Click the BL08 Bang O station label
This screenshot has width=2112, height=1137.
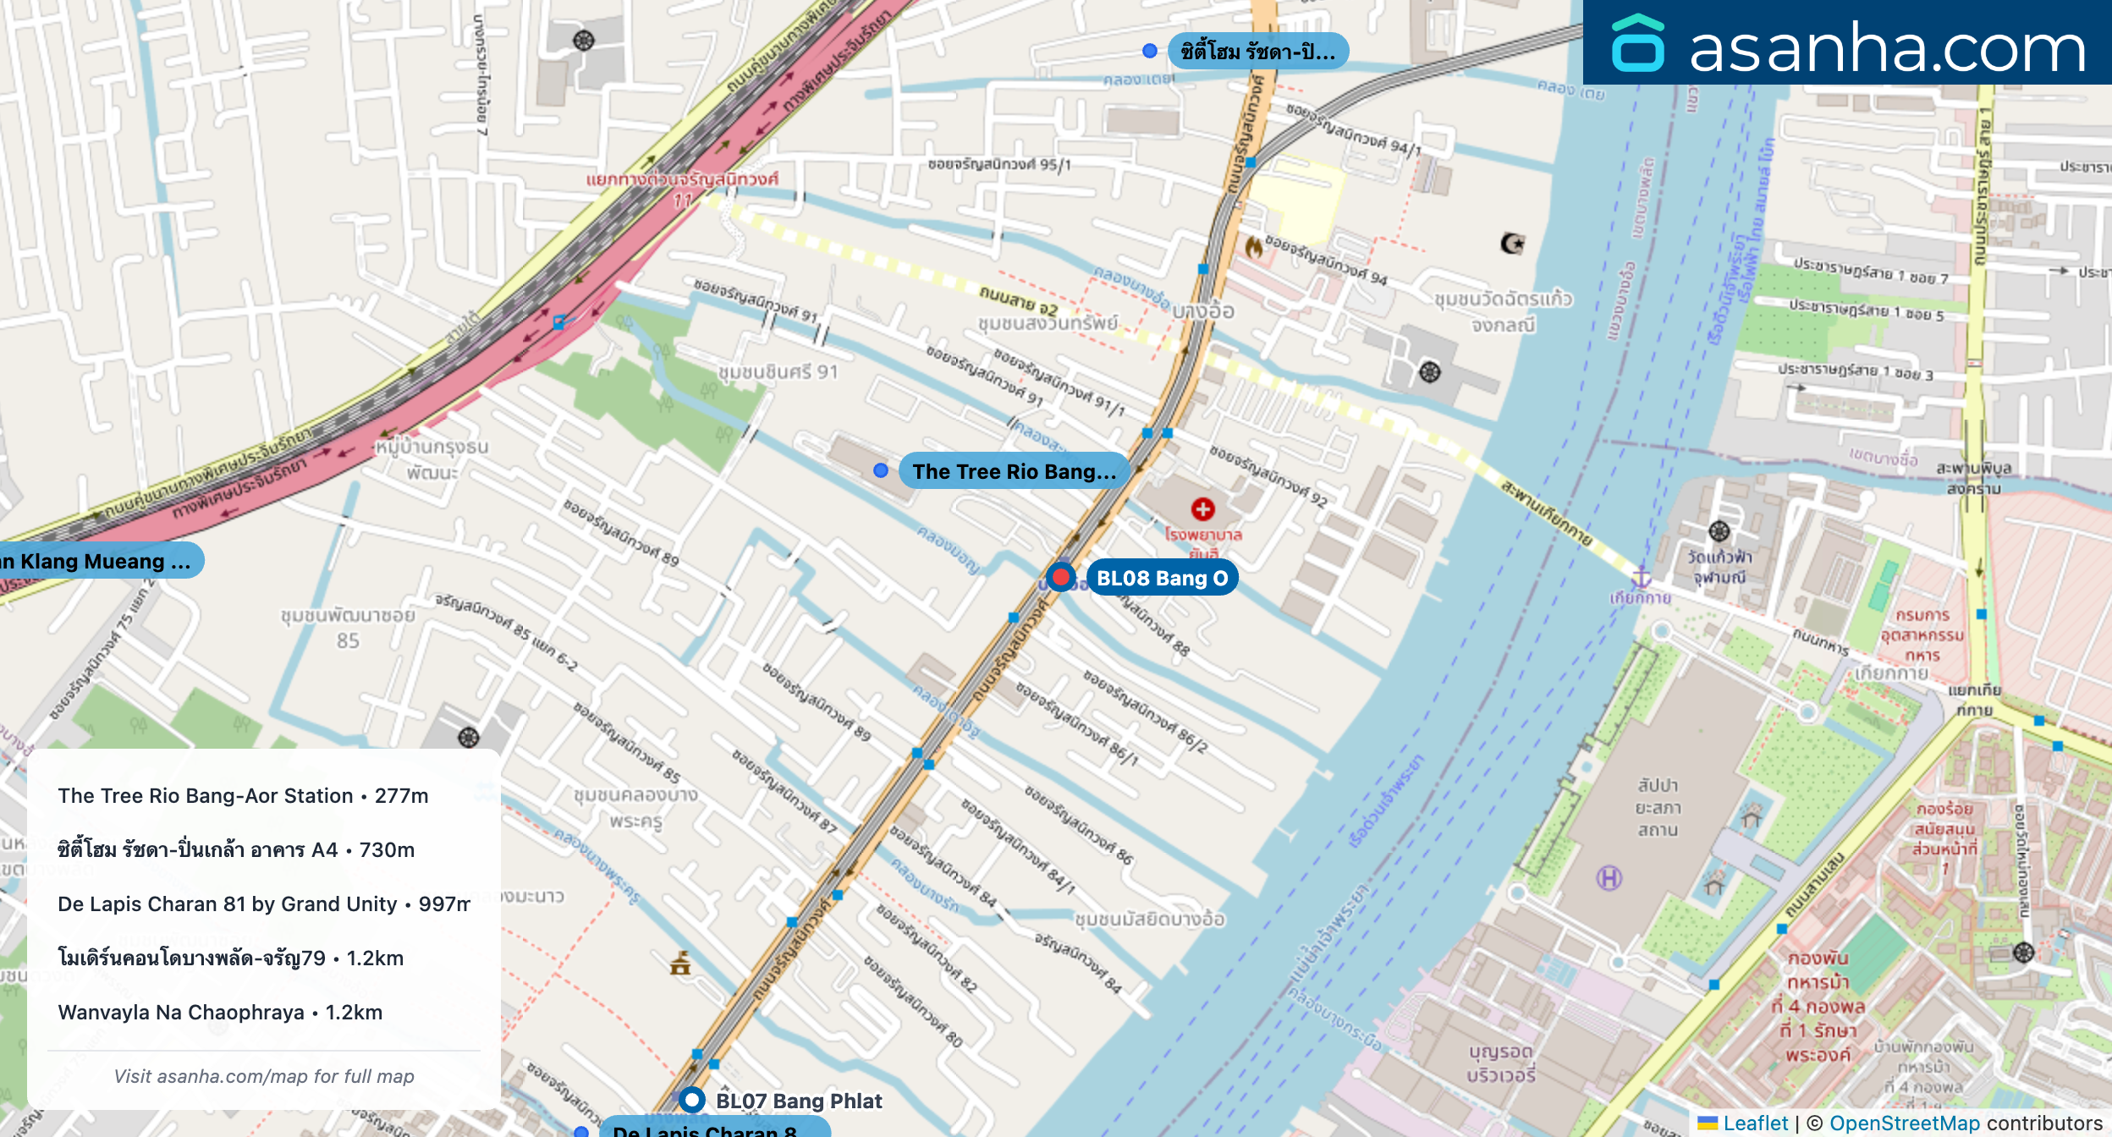click(1161, 579)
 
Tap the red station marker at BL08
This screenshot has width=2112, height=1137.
click(1060, 578)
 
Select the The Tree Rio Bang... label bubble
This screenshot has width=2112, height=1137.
click(1014, 471)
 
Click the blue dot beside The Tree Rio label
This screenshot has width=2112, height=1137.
click(881, 470)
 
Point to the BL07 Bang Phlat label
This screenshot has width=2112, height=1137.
click(798, 1101)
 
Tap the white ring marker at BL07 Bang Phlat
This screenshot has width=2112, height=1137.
click(692, 1100)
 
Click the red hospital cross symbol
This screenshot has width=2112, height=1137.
click(1202, 509)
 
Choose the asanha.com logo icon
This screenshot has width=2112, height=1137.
click(1637, 44)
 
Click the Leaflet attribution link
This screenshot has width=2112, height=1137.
click(1755, 1123)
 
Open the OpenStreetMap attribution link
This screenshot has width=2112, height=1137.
click(1904, 1123)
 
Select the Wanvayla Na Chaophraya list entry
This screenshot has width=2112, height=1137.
click(220, 1013)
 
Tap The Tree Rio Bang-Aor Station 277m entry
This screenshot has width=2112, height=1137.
click(243, 796)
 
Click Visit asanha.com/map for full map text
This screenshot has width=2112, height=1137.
click(264, 1076)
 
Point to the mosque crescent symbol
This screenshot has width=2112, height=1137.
click(1511, 244)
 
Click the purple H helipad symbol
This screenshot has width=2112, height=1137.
click(1609, 878)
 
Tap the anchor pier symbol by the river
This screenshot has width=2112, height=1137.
click(1641, 577)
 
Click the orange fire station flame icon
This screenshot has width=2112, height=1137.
click(1253, 247)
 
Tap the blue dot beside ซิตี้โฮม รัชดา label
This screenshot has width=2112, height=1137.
click(1149, 51)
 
